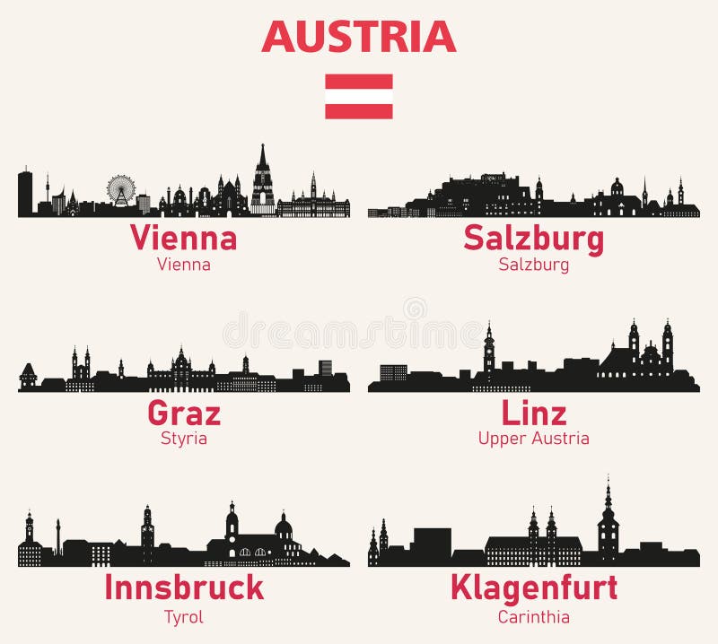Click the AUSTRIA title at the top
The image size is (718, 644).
click(x=359, y=36)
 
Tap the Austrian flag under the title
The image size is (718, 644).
click(x=359, y=96)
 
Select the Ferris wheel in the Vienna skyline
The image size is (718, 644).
click(x=121, y=189)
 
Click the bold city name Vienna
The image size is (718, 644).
click(x=184, y=239)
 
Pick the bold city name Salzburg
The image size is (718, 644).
click(x=533, y=239)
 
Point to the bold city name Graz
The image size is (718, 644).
click(x=184, y=413)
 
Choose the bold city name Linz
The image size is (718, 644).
click(x=533, y=413)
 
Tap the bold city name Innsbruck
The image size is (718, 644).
click(x=184, y=588)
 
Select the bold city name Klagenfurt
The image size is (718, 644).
click(x=533, y=588)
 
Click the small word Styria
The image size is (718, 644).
click(x=184, y=439)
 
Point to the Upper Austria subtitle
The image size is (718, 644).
click(x=533, y=439)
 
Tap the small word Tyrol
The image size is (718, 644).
click(x=184, y=616)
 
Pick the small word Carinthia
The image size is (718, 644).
click(x=533, y=616)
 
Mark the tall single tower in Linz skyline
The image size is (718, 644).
click(x=489, y=350)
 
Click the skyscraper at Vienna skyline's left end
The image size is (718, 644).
click(x=25, y=193)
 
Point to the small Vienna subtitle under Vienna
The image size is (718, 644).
click(x=184, y=265)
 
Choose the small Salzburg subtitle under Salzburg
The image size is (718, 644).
click(x=533, y=265)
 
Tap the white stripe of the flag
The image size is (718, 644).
click(x=359, y=96)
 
